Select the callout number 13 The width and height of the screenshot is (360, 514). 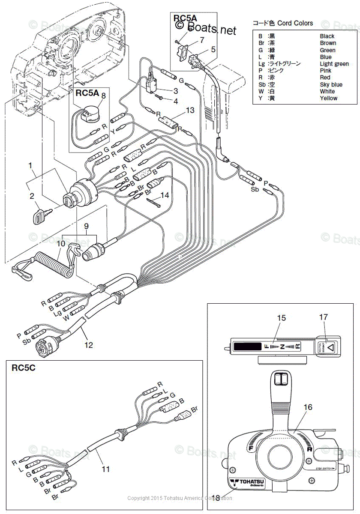[190, 110]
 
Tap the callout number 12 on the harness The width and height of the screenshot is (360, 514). [88, 344]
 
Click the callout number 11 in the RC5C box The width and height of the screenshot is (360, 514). [105, 469]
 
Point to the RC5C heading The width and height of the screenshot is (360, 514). [23, 368]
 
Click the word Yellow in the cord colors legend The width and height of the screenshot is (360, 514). [328, 98]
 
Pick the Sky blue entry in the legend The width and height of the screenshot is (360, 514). [331, 84]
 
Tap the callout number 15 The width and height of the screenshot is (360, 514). [281, 318]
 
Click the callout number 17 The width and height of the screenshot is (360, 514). [323, 317]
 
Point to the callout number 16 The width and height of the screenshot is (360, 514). [308, 407]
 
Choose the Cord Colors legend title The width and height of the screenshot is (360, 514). [282, 23]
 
